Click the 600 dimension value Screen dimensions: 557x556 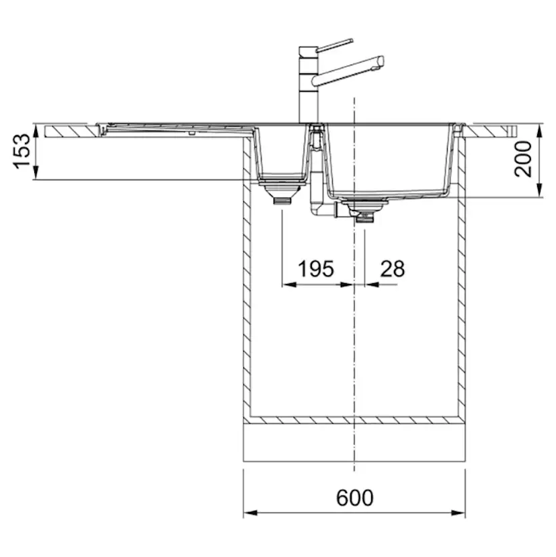354,498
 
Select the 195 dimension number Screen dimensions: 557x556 315,268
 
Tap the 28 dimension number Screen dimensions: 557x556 393,268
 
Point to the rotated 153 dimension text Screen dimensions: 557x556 23,151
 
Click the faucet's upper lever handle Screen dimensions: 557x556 334,45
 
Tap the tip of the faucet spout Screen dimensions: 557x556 381,62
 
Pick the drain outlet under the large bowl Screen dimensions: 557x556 364,215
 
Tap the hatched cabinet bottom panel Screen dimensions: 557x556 354,420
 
